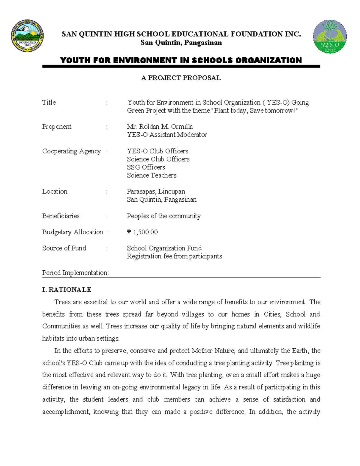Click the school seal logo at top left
tap(27, 37)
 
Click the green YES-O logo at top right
tap(330, 37)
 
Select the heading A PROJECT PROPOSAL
tap(181, 78)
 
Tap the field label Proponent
tap(57, 127)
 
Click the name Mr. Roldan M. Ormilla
tap(160, 127)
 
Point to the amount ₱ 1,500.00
tap(142, 232)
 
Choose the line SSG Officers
tap(146, 167)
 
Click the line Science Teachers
tap(151, 175)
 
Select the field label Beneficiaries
tap(61, 216)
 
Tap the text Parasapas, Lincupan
tap(156, 191)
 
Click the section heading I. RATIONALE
tap(67, 290)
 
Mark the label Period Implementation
tap(75, 273)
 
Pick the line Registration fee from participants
tap(174, 256)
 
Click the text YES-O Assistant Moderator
tap(167, 135)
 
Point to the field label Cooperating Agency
tap(71, 151)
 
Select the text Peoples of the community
tap(163, 216)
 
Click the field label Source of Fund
tap(64, 248)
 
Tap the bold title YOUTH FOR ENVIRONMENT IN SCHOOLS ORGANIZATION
tap(181, 60)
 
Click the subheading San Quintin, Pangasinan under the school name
tap(181, 43)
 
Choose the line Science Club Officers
tap(158, 159)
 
